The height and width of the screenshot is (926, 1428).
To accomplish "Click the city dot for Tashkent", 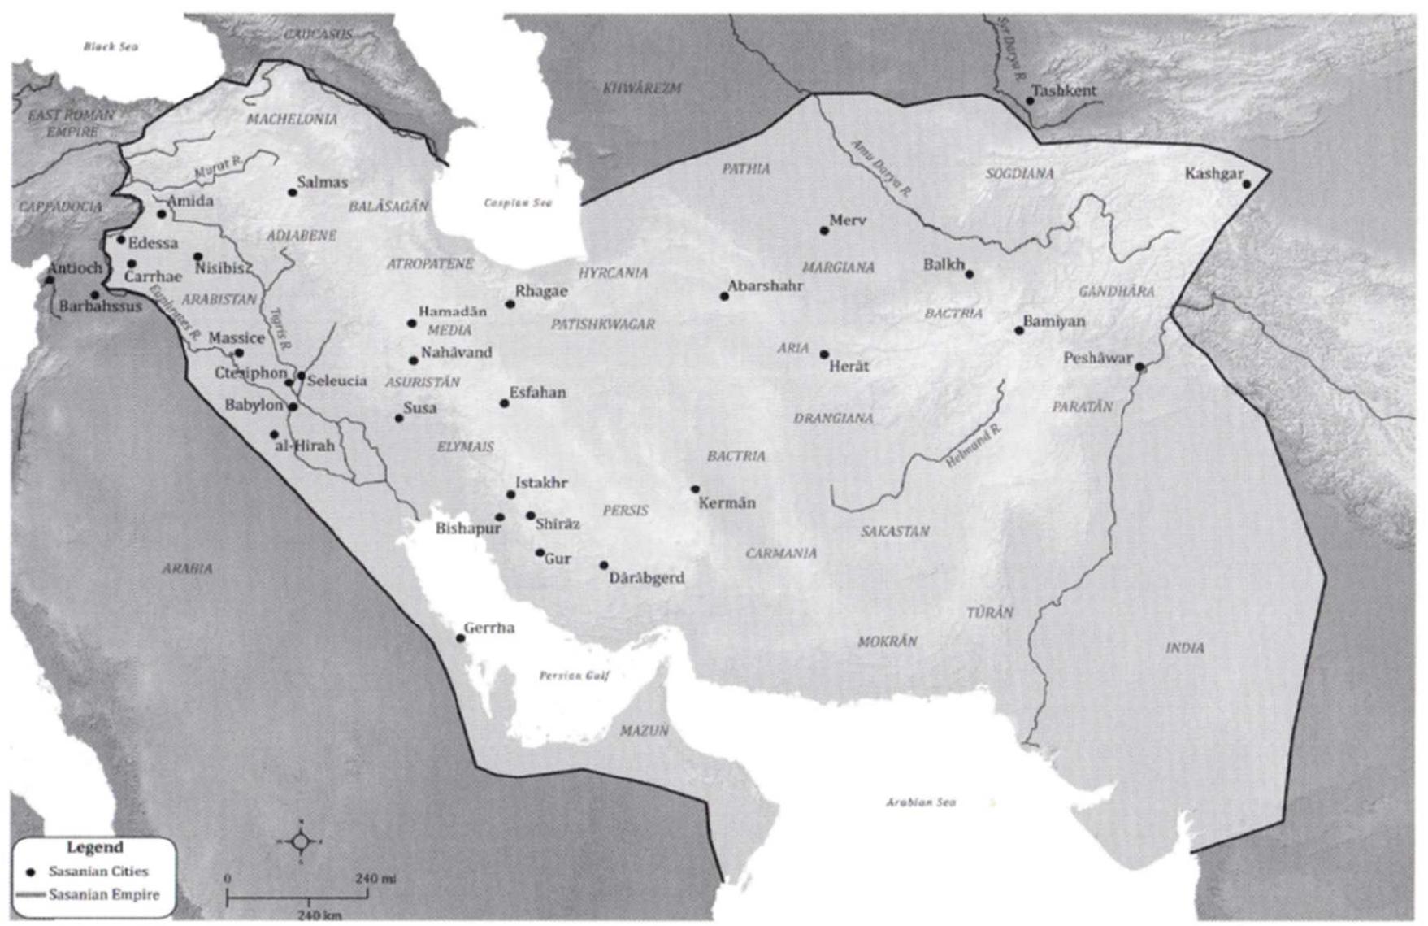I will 1030,101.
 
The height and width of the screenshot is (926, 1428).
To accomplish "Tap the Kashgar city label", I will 1213,174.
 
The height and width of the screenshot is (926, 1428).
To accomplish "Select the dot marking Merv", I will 824,231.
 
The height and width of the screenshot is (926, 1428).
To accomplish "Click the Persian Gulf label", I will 574,676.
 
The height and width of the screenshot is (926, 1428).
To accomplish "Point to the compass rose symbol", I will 300,841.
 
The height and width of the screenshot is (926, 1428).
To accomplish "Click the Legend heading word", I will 94,847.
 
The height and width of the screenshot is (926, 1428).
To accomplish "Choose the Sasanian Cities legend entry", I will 98,872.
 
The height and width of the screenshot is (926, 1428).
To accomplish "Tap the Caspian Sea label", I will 518,202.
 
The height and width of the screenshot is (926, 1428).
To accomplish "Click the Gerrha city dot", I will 460,638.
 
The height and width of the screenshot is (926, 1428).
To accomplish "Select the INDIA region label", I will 1185,648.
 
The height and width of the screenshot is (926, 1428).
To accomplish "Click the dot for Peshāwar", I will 1139,367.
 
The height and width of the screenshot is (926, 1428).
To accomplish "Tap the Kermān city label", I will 727,503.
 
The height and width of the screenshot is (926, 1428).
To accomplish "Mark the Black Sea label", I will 111,46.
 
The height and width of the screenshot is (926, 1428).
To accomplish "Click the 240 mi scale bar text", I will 375,879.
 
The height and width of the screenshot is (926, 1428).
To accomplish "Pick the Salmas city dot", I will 293,193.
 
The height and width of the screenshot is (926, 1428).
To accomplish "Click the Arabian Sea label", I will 920,802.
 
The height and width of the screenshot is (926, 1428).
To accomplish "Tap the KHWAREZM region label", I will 642,88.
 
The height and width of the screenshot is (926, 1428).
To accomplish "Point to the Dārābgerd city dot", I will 604,565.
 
